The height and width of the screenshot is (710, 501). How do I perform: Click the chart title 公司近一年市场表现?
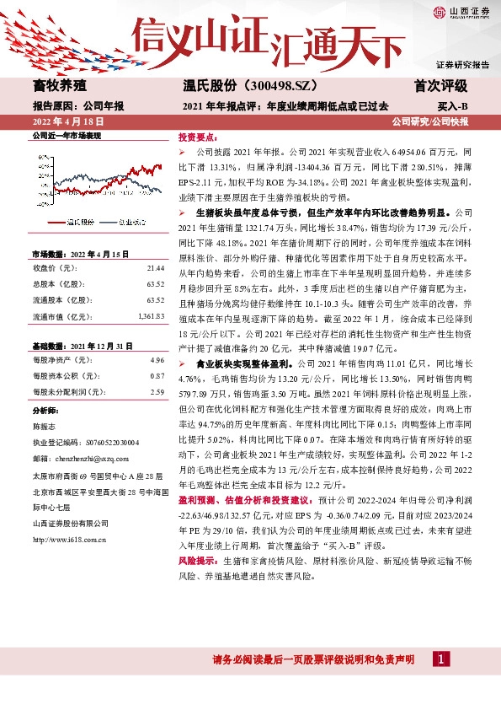click(67, 136)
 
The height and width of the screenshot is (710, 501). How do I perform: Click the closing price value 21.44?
click(155, 267)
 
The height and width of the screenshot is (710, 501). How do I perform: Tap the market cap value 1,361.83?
click(151, 316)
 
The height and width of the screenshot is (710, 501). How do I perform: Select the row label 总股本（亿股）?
click(60, 284)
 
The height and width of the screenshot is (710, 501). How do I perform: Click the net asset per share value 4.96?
click(157, 360)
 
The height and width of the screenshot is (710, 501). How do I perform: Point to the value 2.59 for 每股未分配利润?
click(157, 391)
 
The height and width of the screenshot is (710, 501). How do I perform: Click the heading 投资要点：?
click(195, 136)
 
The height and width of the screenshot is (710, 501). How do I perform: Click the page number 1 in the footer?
click(440, 658)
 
